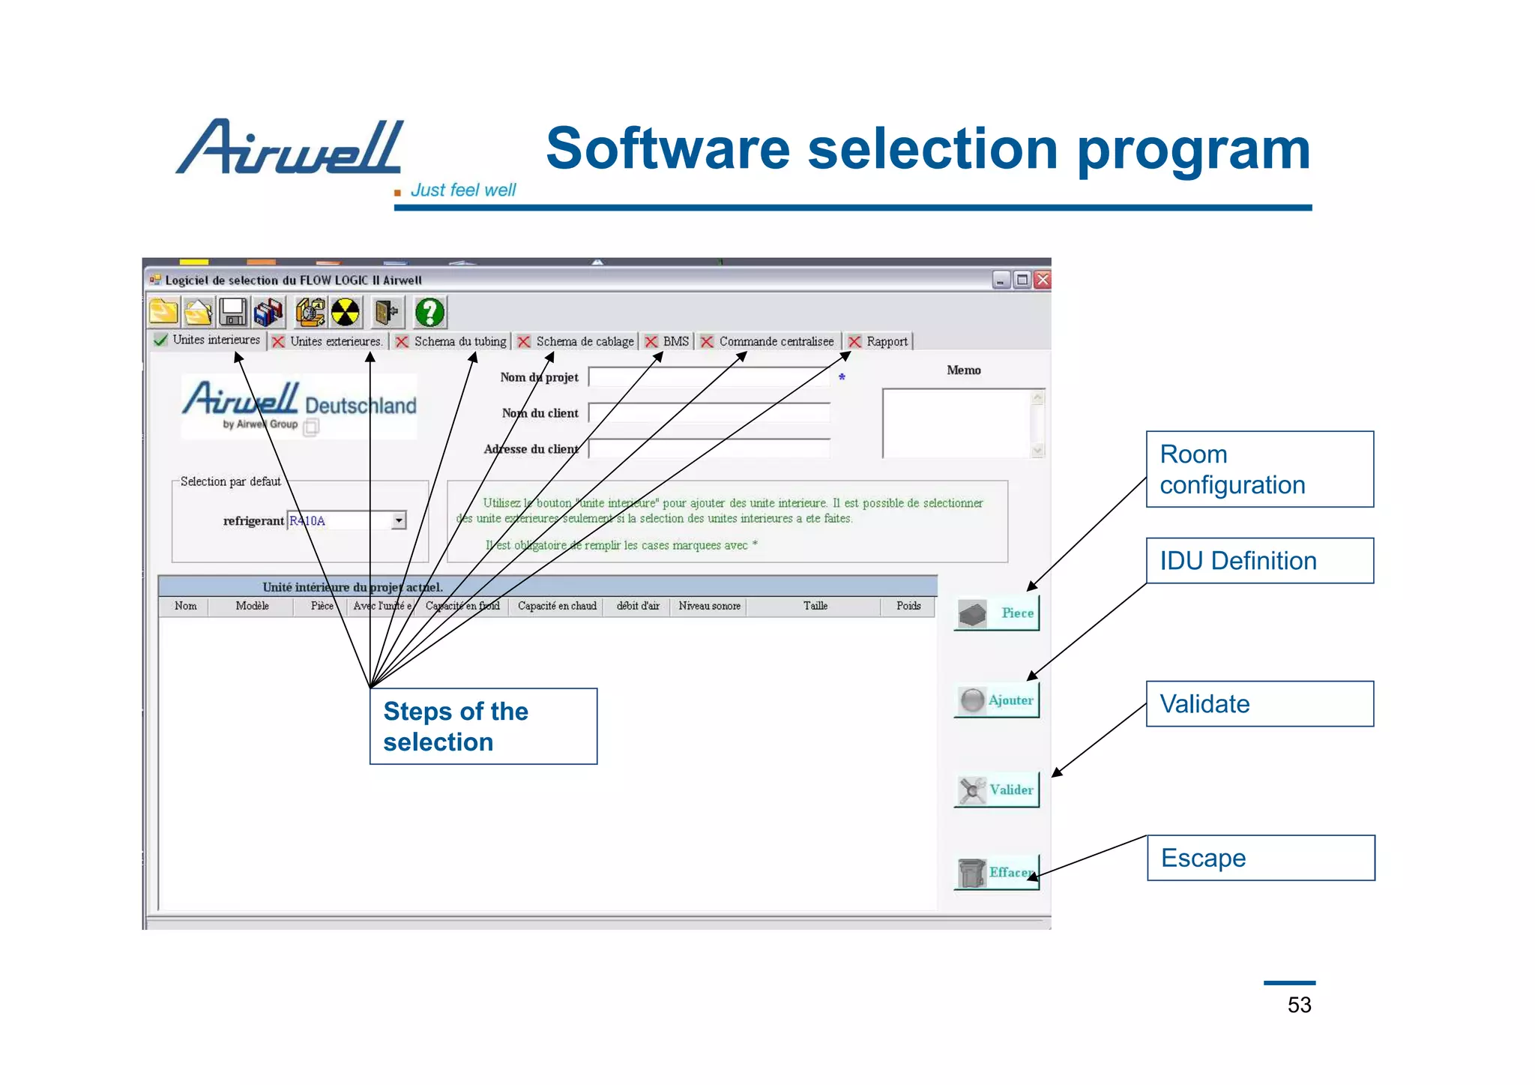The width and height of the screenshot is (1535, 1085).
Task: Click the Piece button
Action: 997,613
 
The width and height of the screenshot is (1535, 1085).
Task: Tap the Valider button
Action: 997,790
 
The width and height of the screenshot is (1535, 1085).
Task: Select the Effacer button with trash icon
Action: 997,872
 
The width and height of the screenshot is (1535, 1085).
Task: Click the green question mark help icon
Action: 430,312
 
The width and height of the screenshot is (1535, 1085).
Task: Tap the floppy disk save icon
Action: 233,312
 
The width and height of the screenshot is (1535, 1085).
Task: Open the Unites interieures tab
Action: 208,340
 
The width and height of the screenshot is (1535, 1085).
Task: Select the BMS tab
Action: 668,342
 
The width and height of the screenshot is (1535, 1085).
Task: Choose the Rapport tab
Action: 878,342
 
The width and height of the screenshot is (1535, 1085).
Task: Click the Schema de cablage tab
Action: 576,342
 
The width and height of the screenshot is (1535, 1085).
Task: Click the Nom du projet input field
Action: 709,377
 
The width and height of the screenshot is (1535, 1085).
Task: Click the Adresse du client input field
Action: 709,449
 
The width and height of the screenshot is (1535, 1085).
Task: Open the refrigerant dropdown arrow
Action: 399,520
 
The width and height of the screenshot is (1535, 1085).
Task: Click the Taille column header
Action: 815,606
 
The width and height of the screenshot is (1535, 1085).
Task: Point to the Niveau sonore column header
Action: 709,606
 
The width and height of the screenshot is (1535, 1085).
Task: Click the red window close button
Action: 1042,280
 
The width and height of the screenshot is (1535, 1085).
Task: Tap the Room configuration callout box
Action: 1259,469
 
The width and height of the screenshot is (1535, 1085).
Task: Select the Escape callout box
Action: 1261,858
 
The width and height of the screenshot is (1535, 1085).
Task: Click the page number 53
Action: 1299,1005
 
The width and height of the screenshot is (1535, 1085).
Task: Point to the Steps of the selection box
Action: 483,727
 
